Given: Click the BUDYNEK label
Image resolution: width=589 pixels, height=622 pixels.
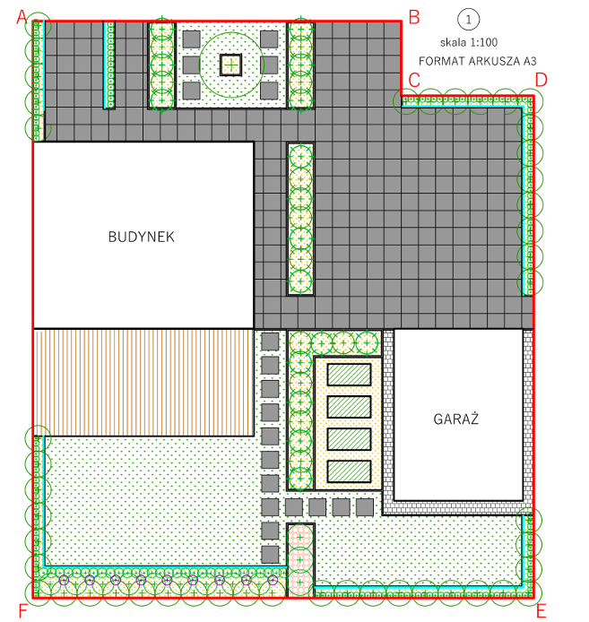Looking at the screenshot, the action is (142, 237).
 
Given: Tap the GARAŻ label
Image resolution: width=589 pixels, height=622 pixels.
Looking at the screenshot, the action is (456, 419).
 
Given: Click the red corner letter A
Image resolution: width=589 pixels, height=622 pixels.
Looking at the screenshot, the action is (22, 17).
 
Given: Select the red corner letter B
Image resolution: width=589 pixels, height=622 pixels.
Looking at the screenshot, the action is (414, 17).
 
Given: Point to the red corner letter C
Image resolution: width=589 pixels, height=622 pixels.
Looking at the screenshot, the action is (414, 80).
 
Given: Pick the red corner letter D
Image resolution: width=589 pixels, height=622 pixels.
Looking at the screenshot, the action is (541, 80).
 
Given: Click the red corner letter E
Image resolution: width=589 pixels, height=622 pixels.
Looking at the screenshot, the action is (541, 611).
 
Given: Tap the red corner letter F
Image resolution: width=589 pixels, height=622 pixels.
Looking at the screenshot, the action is (22, 611).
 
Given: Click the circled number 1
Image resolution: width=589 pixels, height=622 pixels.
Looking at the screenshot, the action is (468, 20).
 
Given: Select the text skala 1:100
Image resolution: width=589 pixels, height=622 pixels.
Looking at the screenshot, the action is (469, 42).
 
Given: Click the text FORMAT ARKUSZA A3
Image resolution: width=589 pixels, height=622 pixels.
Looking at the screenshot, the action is (478, 61).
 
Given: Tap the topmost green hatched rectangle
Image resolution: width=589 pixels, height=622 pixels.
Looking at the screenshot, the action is (349, 375).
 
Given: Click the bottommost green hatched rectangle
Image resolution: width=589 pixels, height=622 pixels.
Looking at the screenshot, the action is (349, 471).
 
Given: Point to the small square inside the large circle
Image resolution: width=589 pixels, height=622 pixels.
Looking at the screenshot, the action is (230, 65).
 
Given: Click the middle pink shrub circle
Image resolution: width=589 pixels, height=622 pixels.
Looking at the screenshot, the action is (300, 560).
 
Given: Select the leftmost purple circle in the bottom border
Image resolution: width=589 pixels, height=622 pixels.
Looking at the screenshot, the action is (64, 580).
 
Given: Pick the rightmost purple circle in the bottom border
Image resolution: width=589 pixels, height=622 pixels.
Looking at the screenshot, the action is (273, 580).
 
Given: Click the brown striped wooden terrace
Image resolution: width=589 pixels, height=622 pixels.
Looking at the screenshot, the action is (143, 383).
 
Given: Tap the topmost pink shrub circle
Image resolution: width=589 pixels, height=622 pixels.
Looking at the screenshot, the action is (300, 538).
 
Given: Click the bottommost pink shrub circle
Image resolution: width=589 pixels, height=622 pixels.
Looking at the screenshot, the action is (300, 583).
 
